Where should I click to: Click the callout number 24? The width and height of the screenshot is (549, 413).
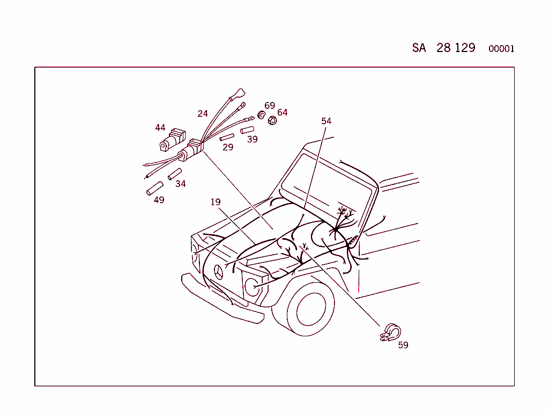[202, 114]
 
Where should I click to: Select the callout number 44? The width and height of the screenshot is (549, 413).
[160, 128]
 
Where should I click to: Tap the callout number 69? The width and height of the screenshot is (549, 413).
[270, 106]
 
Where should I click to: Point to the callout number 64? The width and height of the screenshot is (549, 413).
[283, 113]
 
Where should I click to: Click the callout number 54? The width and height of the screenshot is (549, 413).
[326, 121]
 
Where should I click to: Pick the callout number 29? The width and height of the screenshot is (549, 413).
[228, 147]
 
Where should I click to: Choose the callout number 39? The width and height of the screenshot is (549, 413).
[252, 139]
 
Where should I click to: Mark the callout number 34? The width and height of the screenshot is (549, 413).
[181, 184]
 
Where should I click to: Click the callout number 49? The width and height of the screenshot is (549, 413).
[159, 200]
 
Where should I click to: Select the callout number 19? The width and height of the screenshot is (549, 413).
[215, 202]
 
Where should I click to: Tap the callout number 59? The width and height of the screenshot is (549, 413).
[403, 345]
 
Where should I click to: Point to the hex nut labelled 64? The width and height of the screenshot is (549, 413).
[272, 120]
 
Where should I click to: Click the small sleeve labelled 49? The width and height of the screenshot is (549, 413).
[154, 189]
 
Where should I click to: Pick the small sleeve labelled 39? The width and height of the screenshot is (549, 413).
[247, 130]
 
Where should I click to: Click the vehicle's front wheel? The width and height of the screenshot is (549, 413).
[307, 309]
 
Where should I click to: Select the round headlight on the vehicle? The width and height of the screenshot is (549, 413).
[251, 287]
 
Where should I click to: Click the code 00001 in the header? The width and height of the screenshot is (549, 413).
[501, 49]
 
